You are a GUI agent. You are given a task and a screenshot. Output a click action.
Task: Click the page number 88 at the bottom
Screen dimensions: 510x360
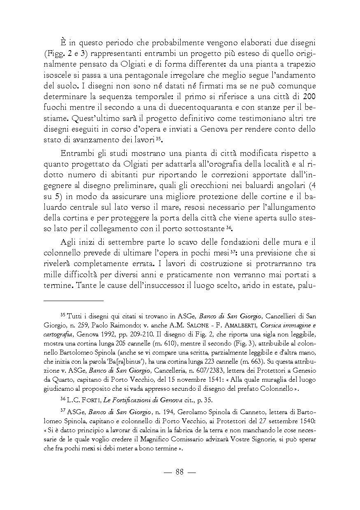pos(179,472)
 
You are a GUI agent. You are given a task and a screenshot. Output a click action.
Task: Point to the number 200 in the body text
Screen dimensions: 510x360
pos(309,97)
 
